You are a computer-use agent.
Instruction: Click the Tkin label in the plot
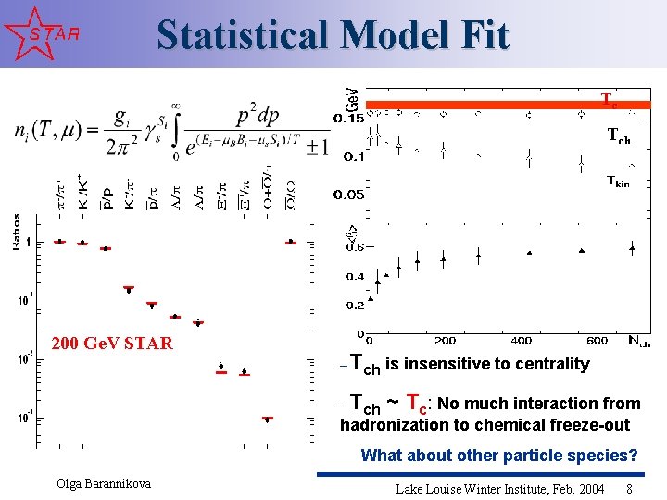pyautogui.click(x=618, y=182)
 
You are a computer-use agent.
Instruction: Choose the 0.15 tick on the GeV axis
pyautogui.click(x=349, y=119)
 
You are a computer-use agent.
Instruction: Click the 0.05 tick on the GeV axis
pyautogui.click(x=349, y=194)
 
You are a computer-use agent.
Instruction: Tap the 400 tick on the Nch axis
pyautogui.click(x=522, y=341)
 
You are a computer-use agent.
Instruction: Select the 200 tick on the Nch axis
pyautogui.click(x=445, y=341)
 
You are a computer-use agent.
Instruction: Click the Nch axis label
pyautogui.click(x=639, y=342)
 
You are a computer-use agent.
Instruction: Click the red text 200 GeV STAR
pyautogui.click(x=112, y=344)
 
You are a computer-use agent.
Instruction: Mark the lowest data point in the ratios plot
pyautogui.click(x=267, y=419)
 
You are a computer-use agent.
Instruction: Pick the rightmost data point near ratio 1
pyautogui.click(x=290, y=241)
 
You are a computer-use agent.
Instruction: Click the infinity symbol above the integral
pyautogui.click(x=176, y=106)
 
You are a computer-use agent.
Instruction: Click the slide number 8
pyautogui.click(x=630, y=488)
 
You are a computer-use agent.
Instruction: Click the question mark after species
pyautogui.click(x=634, y=455)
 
